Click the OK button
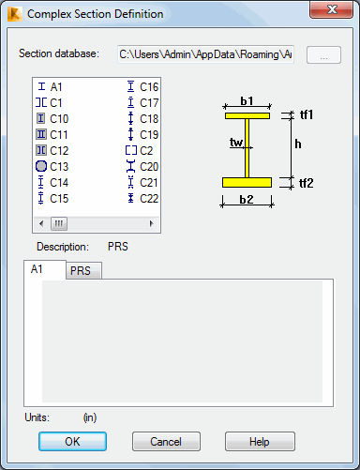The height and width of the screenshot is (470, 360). [72, 441]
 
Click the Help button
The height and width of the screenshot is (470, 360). [260, 441]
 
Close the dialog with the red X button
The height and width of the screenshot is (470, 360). [330, 13]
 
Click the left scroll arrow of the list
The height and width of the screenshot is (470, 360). [39, 223]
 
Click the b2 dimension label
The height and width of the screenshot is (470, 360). [247, 200]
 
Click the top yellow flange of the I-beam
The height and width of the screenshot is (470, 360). [247, 115]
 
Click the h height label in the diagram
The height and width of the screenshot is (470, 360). [297, 144]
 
